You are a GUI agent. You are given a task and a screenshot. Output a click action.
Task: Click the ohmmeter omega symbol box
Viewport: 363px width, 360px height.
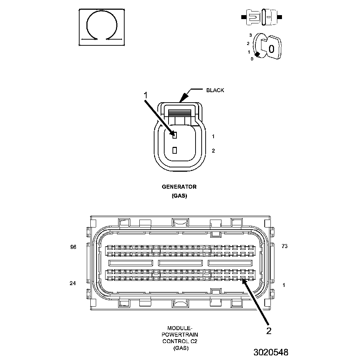(102, 27)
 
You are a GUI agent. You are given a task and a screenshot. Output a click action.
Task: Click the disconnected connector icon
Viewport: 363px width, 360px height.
(262, 17)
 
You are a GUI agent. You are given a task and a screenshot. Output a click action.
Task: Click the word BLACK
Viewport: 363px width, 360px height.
(215, 90)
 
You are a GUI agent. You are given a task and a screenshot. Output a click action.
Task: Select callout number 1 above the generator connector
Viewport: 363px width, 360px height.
(146, 95)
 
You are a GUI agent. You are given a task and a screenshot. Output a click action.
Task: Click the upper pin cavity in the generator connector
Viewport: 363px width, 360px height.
(174, 135)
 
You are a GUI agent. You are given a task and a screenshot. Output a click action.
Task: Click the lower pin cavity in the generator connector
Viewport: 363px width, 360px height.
(174, 150)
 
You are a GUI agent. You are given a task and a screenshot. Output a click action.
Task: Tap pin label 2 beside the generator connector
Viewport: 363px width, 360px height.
(213, 151)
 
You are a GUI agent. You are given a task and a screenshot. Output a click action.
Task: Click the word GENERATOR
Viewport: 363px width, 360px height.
(179, 187)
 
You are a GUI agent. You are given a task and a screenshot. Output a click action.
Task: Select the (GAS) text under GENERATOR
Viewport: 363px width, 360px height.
(179, 196)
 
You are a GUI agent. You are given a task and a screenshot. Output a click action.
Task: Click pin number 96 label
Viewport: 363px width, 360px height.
(73, 247)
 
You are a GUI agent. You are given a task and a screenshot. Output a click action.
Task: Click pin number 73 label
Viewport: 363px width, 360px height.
(284, 246)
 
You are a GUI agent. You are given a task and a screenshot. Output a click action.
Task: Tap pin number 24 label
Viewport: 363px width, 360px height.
(73, 283)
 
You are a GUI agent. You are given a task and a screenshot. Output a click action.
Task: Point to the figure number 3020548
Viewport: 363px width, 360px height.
(270, 352)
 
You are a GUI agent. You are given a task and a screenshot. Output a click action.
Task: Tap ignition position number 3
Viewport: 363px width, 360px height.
(251, 35)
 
